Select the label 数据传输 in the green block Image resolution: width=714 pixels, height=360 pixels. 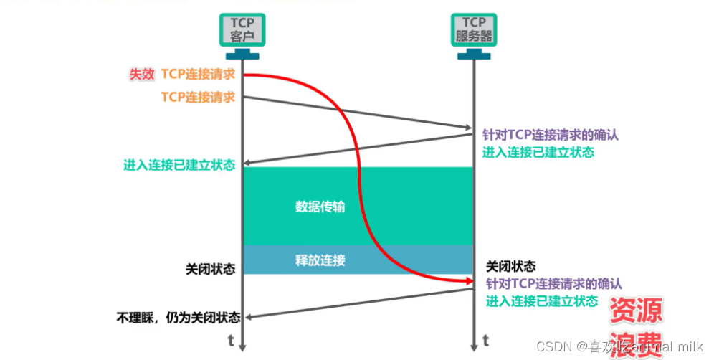click(320, 207)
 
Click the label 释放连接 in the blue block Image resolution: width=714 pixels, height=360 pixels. click(320, 260)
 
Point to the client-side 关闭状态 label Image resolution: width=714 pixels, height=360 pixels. click(210, 270)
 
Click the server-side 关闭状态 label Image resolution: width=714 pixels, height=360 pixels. click(511, 266)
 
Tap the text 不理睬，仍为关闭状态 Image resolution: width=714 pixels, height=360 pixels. click(178, 317)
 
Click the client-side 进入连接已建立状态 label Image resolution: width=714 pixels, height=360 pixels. click(179, 166)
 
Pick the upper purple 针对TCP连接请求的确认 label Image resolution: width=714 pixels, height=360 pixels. click(551, 134)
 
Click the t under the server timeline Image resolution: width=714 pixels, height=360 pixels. click(485, 338)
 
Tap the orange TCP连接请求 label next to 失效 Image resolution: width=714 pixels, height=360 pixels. click(198, 74)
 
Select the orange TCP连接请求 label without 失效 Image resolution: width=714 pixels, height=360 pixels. click(198, 97)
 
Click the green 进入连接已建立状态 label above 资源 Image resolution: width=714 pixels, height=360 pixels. click(541, 301)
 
